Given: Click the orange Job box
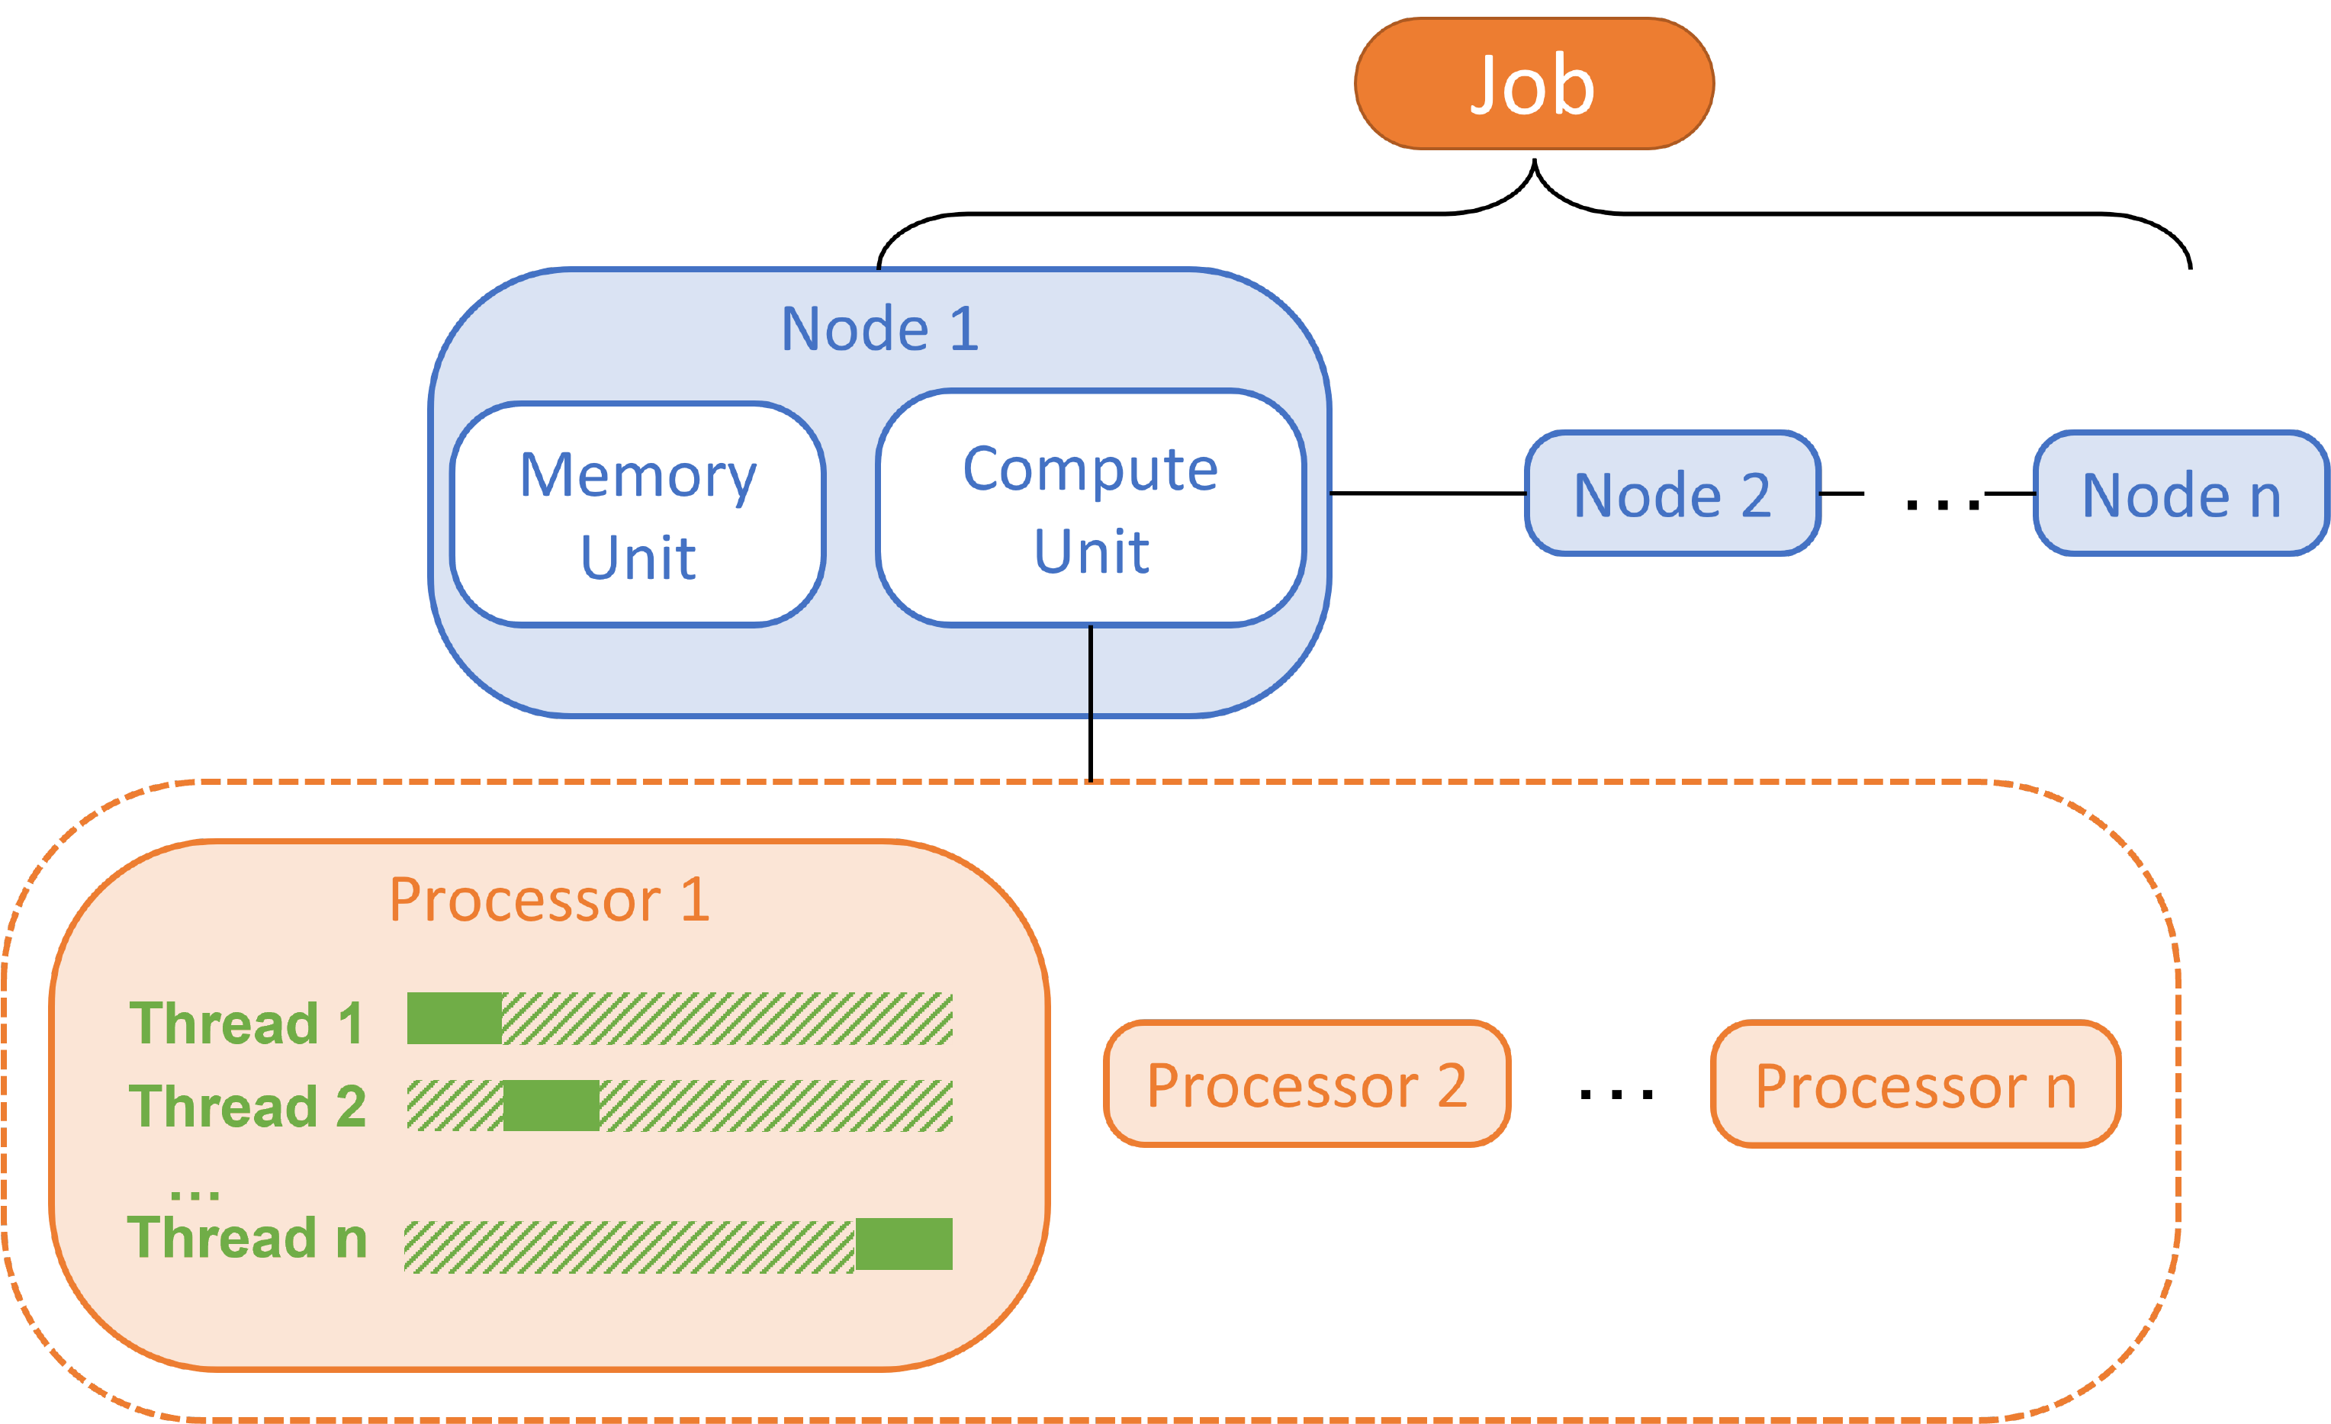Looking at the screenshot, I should pyautogui.click(x=1533, y=84).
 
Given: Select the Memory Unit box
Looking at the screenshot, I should pyautogui.click(x=638, y=515).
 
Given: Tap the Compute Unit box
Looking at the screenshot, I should pyautogui.click(x=1091, y=509).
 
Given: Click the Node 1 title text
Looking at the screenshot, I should pyautogui.click(x=879, y=329).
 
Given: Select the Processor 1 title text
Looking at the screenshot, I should pyautogui.click(x=548, y=900).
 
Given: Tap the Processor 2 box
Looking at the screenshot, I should pyautogui.click(x=1307, y=1085).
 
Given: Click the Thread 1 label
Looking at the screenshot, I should pyautogui.click(x=246, y=1024).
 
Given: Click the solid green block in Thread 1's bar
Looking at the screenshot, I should pyautogui.click(x=454, y=1018).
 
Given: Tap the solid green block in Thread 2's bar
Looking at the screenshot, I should pyautogui.click(x=551, y=1105).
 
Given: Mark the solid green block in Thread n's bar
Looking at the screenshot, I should pyautogui.click(x=903, y=1243).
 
